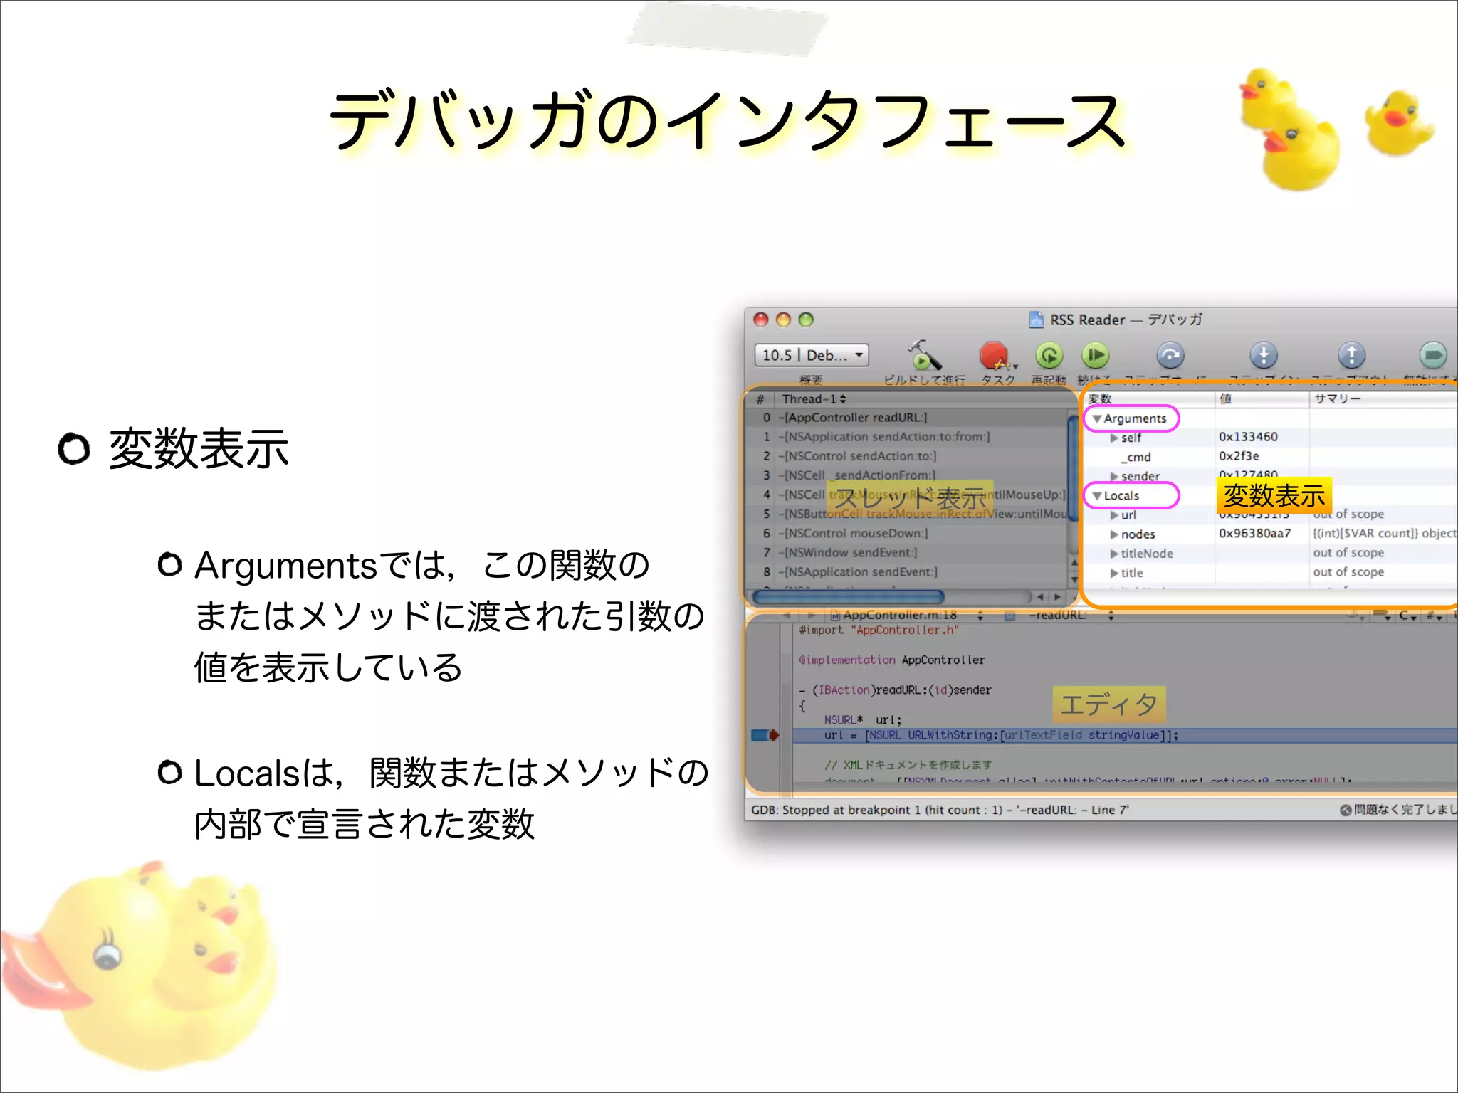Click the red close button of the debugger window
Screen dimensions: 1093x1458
point(761,320)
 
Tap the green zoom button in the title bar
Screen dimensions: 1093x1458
point(806,320)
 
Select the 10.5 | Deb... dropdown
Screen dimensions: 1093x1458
point(812,354)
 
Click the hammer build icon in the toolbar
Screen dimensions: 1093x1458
point(923,354)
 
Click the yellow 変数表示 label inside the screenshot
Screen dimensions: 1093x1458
point(1274,495)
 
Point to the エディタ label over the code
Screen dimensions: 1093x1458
point(1108,704)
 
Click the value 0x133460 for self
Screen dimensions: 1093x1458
point(1248,437)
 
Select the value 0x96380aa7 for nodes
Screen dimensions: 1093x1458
point(1254,534)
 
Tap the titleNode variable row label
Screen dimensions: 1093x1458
point(1146,554)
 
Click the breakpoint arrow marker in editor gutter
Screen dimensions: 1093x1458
point(765,735)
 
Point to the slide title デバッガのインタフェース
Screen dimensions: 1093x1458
point(728,121)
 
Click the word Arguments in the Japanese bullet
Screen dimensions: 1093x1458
point(285,566)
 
